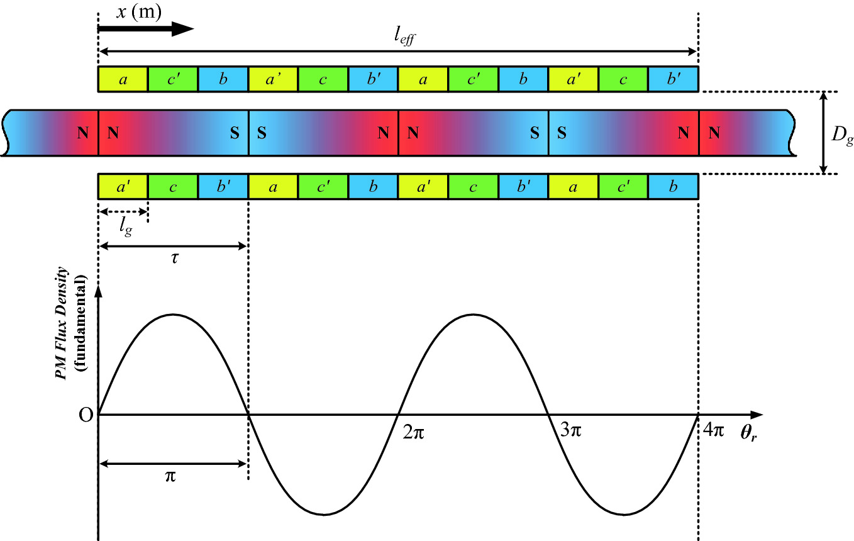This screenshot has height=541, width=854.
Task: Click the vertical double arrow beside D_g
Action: coord(823,132)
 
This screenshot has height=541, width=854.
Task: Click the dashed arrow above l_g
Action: coord(123,211)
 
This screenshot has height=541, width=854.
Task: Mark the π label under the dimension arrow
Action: coord(170,476)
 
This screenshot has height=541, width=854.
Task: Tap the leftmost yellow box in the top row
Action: coord(123,79)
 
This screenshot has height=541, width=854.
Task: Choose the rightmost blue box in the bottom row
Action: coord(674,186)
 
